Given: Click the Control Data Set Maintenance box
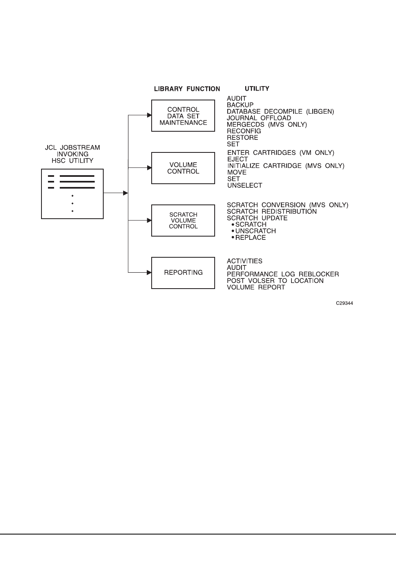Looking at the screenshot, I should pos(183,116).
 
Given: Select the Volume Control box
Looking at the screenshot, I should pos(183,168).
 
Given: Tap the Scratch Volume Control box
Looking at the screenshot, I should pos(183,220).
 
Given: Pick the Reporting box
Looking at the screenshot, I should pos(183,273).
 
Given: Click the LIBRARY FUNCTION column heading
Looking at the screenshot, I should pos(187,89).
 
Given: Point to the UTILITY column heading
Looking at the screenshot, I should pos(257,88).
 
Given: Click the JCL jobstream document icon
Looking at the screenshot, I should pos(72,194).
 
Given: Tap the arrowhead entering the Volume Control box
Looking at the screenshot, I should pos(149,167).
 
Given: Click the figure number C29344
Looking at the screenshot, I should pos(344,303).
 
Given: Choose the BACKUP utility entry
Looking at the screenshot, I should pos(240,105).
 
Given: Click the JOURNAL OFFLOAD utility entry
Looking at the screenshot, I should pos(259,118).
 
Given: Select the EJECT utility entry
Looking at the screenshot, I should pos(237,159).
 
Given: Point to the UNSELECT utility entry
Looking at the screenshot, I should pos(245,185).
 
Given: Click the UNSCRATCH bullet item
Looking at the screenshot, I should pos(255,231).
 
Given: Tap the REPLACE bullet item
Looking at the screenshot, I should pos(250,237).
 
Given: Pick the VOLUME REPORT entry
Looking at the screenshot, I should pos(256,287).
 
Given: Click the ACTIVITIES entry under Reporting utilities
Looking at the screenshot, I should pos(245,261).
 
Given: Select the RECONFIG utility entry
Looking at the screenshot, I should pos(244,131).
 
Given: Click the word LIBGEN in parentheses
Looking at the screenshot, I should pos(321,111).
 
